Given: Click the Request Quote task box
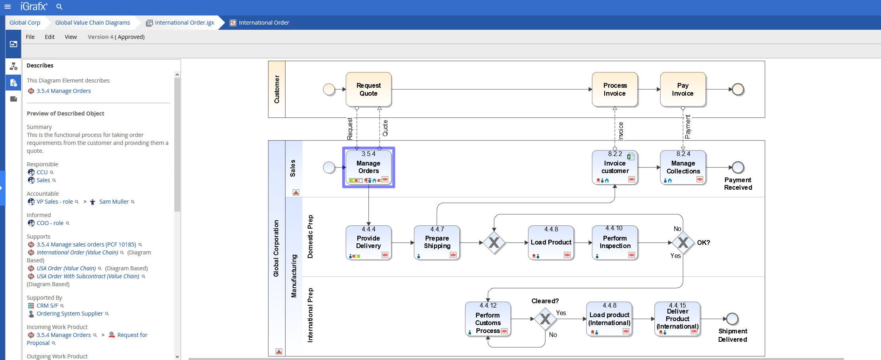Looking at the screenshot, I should click(368, 89).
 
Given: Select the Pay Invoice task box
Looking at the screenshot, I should click(682, 89).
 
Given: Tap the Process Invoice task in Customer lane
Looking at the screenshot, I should click(615, 89).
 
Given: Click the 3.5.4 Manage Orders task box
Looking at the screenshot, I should click(368, 167).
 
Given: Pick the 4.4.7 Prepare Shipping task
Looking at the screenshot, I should click(437, 242).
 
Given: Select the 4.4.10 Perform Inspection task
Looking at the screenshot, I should click(615, 242).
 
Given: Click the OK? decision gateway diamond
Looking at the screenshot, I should click(683, 243).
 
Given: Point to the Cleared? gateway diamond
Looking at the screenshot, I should click(545, 319).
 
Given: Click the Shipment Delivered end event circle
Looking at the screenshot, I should click(732, 319).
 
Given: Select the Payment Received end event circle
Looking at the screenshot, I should click(738, 167).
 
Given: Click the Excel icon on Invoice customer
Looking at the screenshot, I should click(630, 156).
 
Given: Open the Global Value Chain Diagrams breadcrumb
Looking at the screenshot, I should click(93, 23).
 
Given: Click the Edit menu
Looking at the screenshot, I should click(50, 37).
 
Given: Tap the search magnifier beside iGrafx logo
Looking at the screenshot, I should click(59, 7).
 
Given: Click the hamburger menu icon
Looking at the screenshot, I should click(8, 7).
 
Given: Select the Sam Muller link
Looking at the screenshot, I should click(114, 202).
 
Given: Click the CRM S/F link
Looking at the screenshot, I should click(47, 306).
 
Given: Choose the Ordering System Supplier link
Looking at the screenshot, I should click(69, 314).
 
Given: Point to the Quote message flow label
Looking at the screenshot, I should click(385, 128).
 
